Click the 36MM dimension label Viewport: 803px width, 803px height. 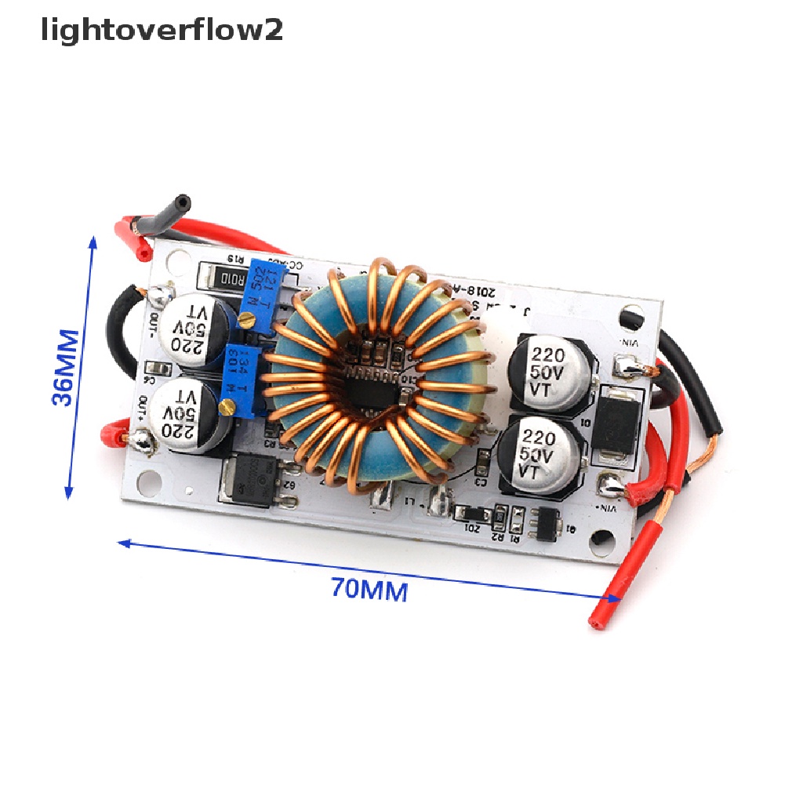point(67,368)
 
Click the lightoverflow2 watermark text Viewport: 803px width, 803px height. point(162,31)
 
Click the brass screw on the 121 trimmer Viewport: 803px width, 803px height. point(248,318)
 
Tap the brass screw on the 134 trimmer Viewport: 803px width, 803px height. point(228,405)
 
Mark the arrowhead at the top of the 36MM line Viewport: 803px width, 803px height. point(94,242)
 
